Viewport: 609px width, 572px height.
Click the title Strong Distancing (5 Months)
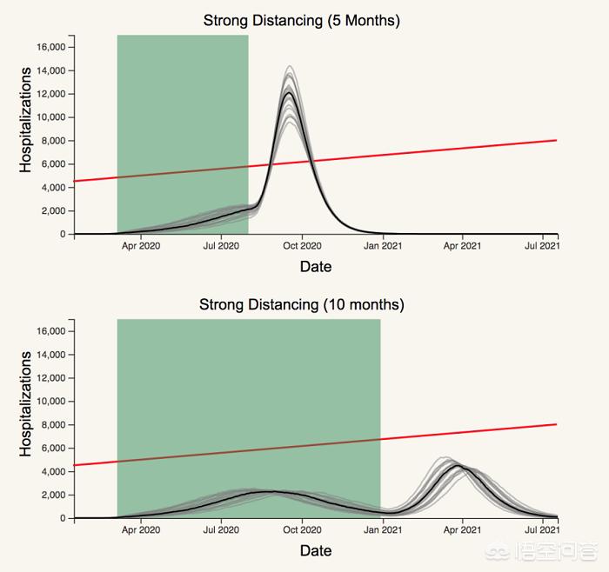[302, 21]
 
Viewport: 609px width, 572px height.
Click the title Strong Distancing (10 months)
[302, 305]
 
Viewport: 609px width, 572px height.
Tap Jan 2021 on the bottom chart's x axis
[381, 530]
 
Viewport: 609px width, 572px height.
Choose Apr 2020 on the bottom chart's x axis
[140, 530]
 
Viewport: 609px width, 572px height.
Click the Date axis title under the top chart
[316, 267]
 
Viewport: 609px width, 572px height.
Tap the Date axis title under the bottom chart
[316, 550]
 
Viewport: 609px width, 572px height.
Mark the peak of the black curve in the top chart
[290, 92]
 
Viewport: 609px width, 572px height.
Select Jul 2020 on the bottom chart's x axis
[221, 530]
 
